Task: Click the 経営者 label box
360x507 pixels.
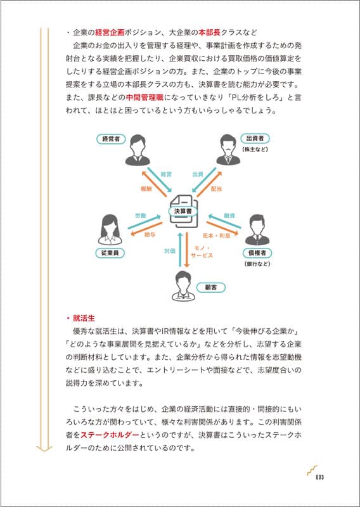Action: [x=111, y=139]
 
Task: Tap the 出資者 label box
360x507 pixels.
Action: [x=255, y=139]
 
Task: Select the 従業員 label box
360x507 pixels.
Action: [x=111, y=253]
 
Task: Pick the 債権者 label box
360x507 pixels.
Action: [x=257, y=252]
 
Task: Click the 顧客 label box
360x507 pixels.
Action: [x=211, y=287]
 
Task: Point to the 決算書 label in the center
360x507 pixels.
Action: [x=183, y=211]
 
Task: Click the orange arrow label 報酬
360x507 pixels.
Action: [x=146, y=189]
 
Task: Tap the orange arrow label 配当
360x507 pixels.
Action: [x=216, y=189]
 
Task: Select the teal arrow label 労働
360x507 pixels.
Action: [x=140, y=215]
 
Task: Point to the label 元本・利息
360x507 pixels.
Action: [x=216, y=236]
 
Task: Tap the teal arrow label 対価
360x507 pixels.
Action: [x=170, y=251]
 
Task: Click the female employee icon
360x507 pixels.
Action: [x=111, y=229]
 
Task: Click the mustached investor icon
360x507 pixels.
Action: [x=228, y=150]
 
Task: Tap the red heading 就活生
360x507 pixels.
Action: [x=84, y=319]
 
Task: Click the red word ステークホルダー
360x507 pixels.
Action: [x=110, y=435]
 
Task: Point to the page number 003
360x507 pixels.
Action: [x=320, y=477]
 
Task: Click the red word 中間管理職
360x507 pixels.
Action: [x=145, y=96]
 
